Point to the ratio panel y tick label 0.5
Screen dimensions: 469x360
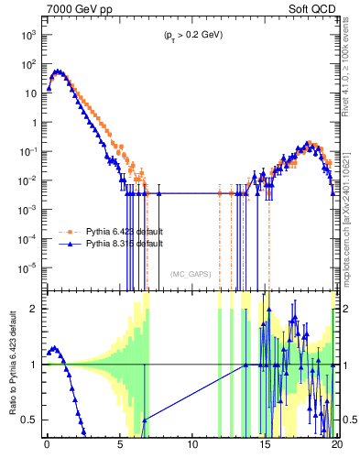click(29, 420)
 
